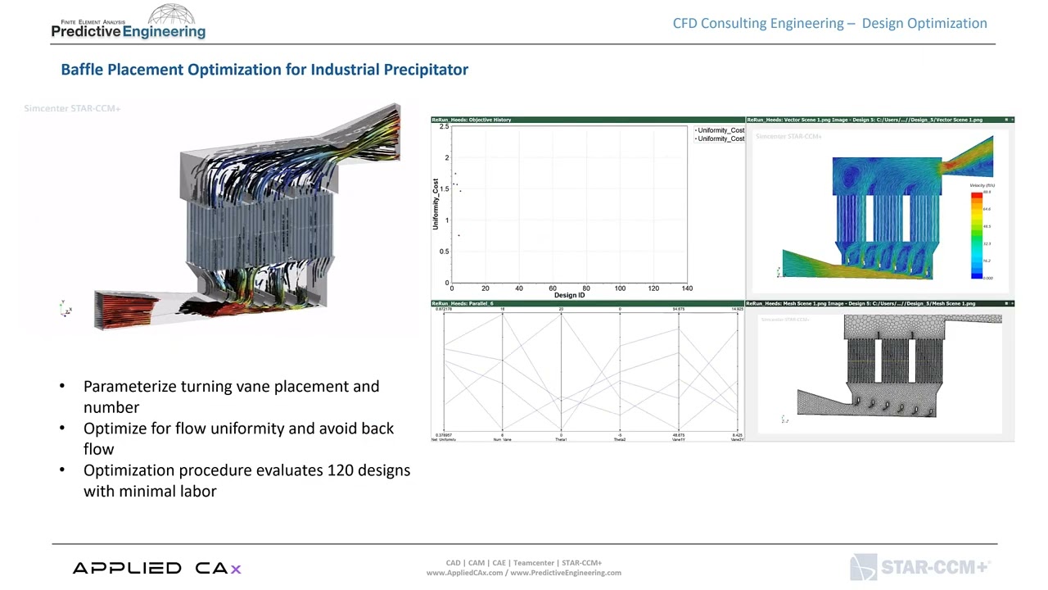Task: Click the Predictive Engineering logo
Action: coord(129,24)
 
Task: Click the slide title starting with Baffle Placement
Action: coord(264,70)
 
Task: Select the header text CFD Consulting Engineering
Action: coord(759,23)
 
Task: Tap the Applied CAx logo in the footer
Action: coord(156,568)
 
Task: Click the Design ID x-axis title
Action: coord(570,295)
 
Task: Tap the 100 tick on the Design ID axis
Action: coord(620,288)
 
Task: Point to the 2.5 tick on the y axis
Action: coord(444,127)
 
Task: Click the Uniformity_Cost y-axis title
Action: coord(436,203)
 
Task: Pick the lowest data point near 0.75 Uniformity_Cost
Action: coord(458,236)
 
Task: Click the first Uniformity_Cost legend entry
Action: coord(720,130)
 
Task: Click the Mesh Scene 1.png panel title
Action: coord(861,304)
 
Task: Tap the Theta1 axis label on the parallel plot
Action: coord(561,440)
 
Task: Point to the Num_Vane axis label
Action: coord(502,440)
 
